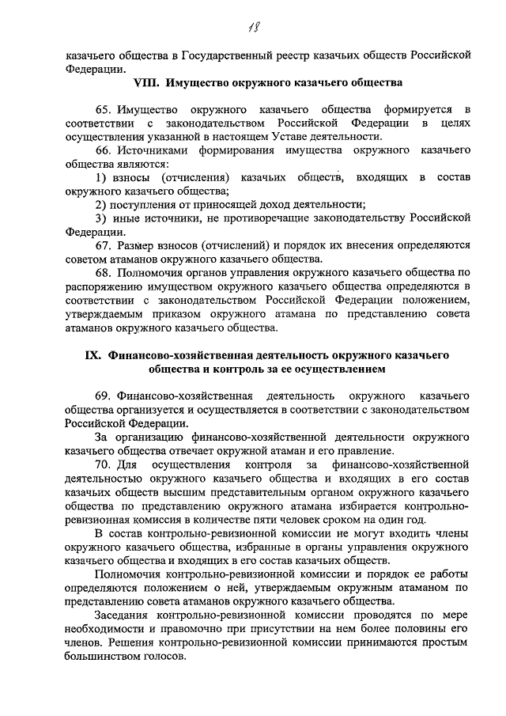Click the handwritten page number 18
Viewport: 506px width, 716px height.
tap(255, 28)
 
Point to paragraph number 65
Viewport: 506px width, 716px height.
tap(104, 108)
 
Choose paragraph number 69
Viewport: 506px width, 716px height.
tap(104, 395)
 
